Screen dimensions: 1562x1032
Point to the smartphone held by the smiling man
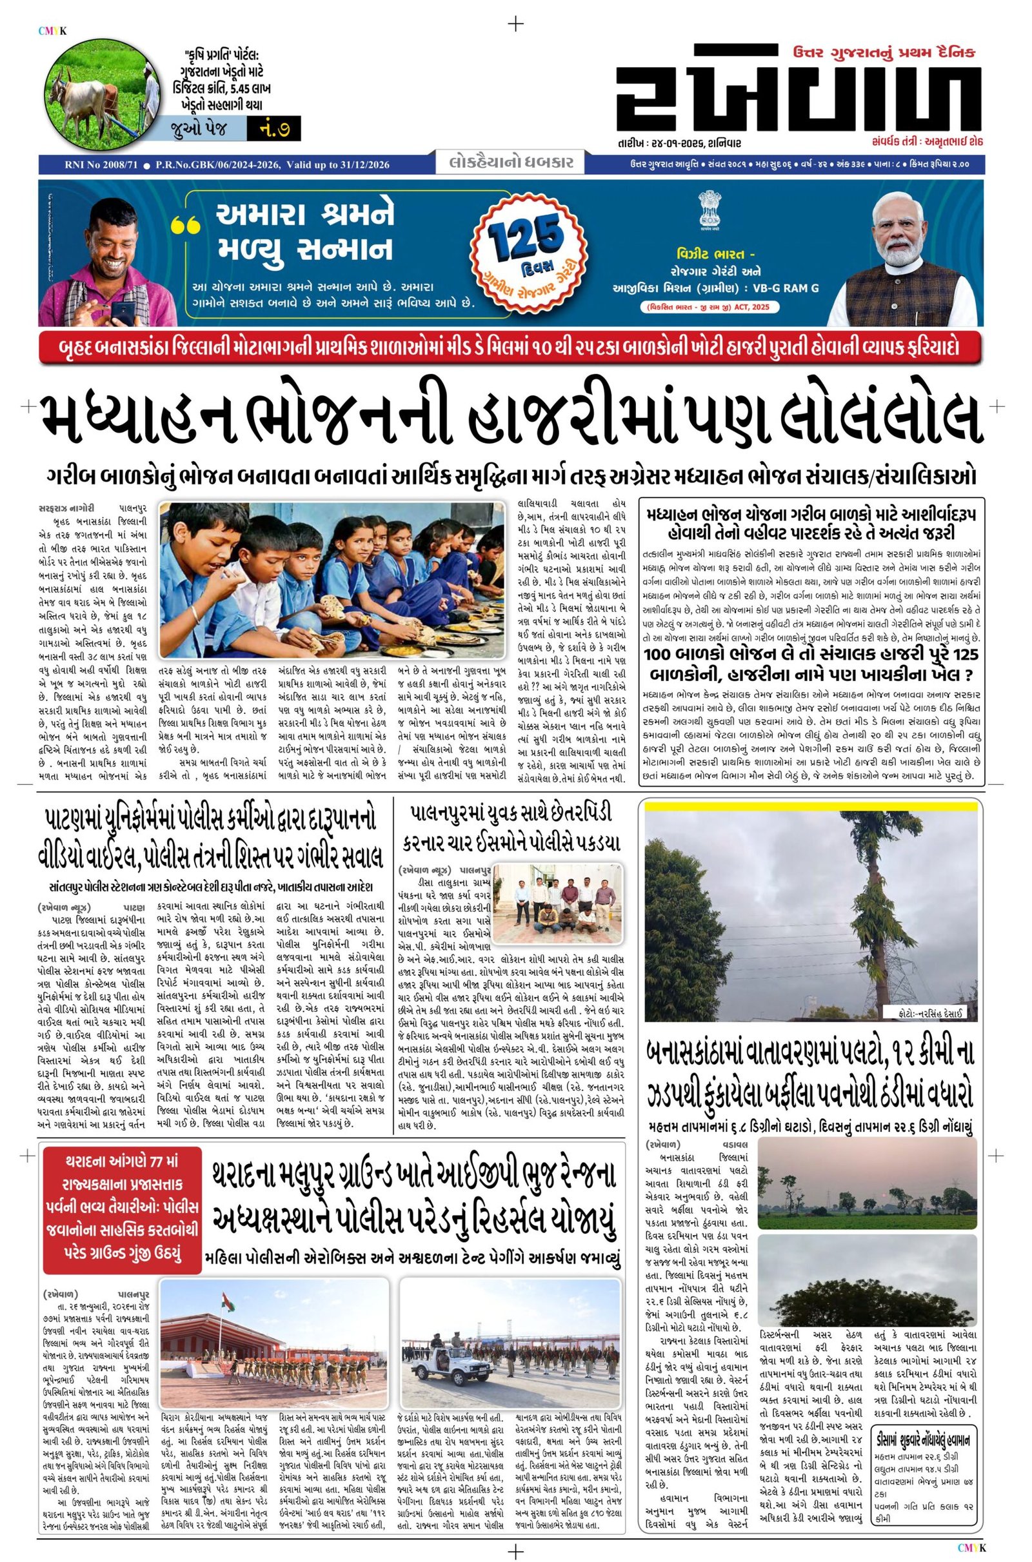point(123,312)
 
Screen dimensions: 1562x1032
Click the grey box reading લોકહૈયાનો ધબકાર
point(509,161)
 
